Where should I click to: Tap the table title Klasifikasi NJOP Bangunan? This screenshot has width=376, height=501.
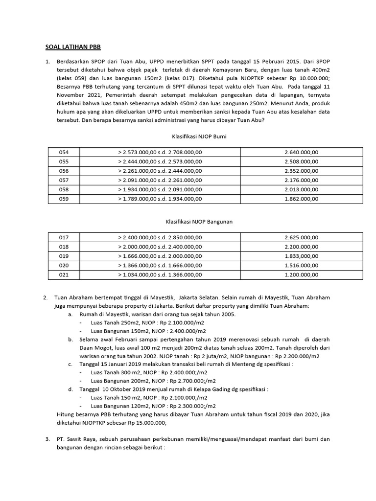[198, 221]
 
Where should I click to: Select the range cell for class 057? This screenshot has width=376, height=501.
[160, 180]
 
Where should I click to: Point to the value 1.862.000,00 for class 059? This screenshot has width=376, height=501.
[301, 199]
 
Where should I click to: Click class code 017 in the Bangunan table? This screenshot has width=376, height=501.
[64, 237]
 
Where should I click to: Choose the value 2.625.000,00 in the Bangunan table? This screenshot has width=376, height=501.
[301, 237]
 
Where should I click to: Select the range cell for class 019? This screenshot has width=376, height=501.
[160, 256]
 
